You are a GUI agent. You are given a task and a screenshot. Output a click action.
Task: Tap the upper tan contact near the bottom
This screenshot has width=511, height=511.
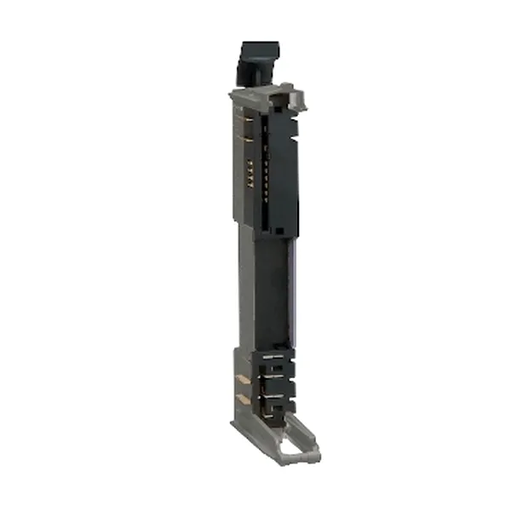pos(244,379)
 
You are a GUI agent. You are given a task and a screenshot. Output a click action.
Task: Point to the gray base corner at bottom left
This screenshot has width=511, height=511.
pos(238,422)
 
